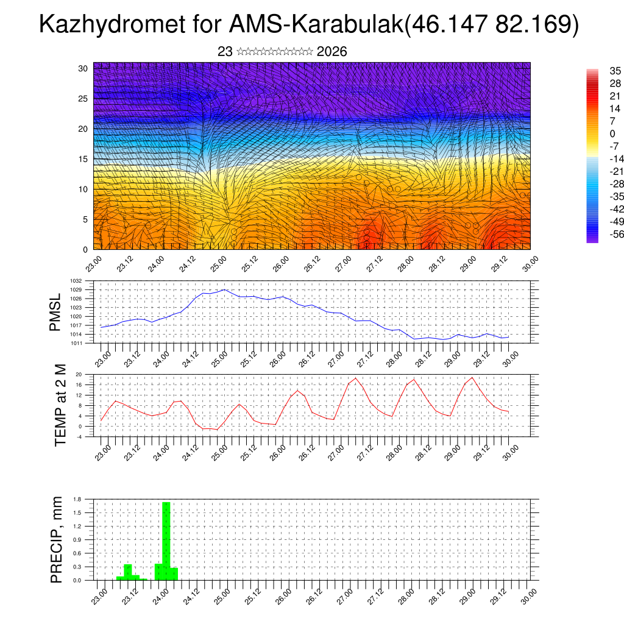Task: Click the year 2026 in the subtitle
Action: pyautogui.click(x=332, y=52)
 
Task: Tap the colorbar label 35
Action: pyautogui.click(x=615, y=71)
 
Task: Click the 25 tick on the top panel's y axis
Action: pyautogui.click(x=83, y=98)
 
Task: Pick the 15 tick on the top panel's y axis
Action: pyautogui.click(x=83, y=159)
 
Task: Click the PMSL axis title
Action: pyautogui.click(x=56, y=312)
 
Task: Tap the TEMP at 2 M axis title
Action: pyautogui.click(x=60, y=405)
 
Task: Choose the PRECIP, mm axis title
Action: pyautogui.click(x=57, y=539)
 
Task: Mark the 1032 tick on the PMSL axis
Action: pyautogui.click(x=76, y=281)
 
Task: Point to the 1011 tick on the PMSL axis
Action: pyautogui.click(x=76, y=343)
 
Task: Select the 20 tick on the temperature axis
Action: pyautogui.click(x=79, y=374)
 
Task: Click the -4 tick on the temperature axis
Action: pyautogui.click(x=79, y=436)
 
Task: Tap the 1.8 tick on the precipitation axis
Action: pyautogui.click(x=77, y=499)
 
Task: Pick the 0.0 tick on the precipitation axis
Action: pyautogui.click(x=77, y=580)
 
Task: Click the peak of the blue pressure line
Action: pyautogui.click(x=224, y=289)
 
